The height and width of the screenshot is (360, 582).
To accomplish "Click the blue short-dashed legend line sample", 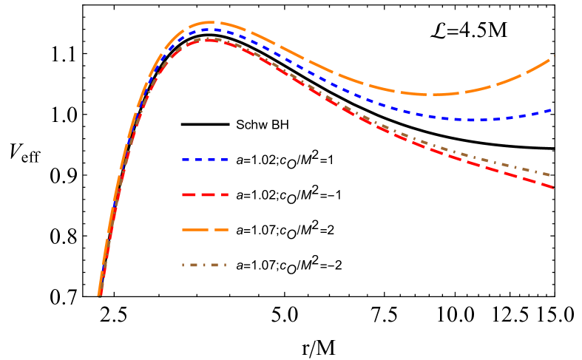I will [x=205, y=160].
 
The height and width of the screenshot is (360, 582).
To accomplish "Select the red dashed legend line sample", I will [x=205, y=195].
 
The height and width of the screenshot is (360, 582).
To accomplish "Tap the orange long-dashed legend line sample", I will [x=205, y=230].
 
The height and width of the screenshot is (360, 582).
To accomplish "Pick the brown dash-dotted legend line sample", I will [x=205, y=265].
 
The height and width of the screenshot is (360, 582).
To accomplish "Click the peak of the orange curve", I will [x=212, y=22].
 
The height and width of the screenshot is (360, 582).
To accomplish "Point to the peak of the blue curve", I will [x=212, y=30].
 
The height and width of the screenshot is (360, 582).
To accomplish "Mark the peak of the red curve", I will [x=210, y=40].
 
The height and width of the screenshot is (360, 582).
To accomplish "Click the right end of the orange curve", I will [x=552, y=57].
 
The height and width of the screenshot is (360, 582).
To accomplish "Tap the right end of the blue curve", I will [x=552, y=109].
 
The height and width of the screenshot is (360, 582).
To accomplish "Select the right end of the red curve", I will [x=552, y=187].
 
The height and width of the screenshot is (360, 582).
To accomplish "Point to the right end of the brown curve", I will [x=550, y=175].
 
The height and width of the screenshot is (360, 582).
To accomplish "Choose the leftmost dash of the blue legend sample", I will [x=186, y=160].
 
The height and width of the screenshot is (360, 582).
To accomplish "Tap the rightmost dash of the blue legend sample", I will [x=223, y=160].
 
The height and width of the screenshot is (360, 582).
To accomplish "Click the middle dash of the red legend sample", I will [x=205, y=195].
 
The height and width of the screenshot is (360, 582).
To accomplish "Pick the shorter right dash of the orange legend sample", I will [x=221, y=230].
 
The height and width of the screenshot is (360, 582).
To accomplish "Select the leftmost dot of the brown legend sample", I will [x=184, y=265].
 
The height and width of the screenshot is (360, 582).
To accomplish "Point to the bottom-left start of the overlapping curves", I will [x=98, y=294].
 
